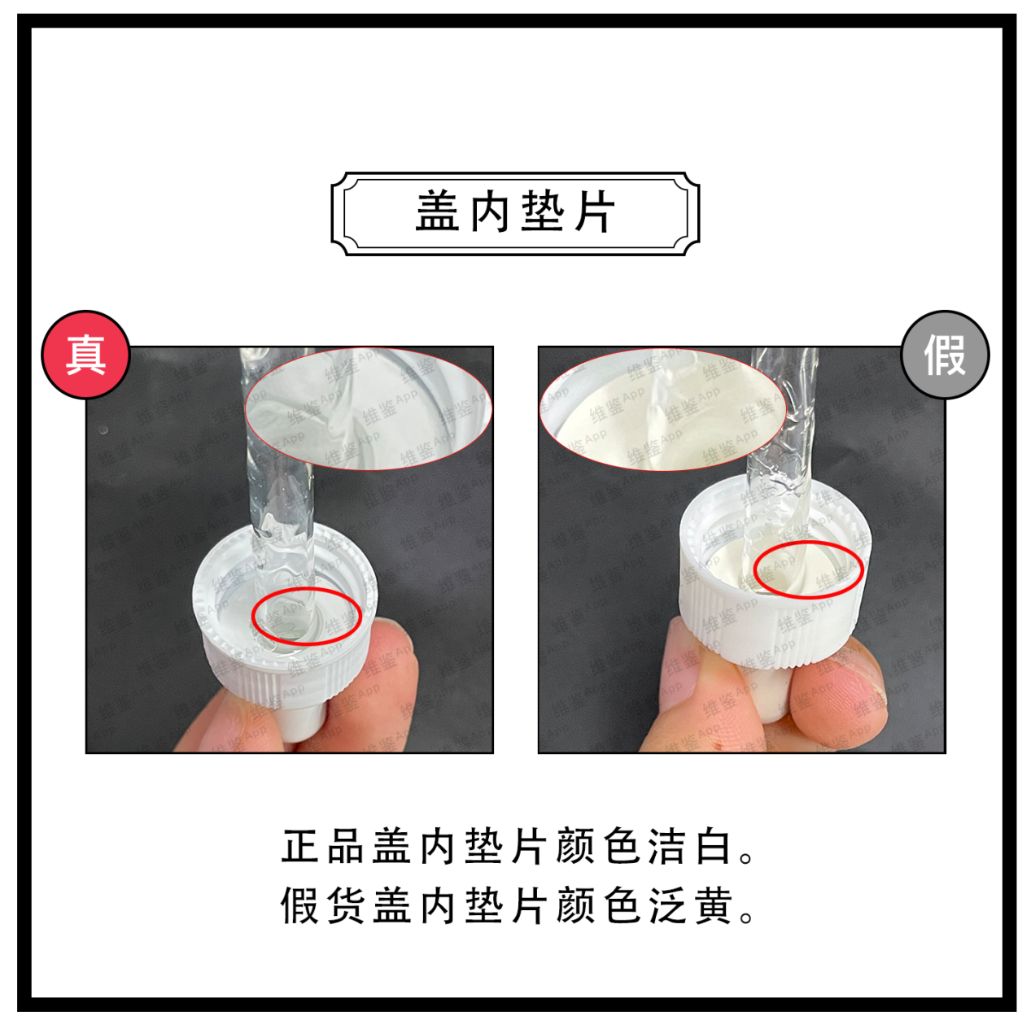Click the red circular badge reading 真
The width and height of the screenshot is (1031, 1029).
[x=85, y=355]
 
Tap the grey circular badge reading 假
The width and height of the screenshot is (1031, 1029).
[x=945, y=355]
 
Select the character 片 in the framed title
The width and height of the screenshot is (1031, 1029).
[x=596, y=213]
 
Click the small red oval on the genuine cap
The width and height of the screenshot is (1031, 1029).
[x=306, y=616]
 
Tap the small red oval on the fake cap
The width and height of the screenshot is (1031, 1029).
[x=808, y=569]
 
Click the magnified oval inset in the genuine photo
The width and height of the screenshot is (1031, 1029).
[x=368, y=409]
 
